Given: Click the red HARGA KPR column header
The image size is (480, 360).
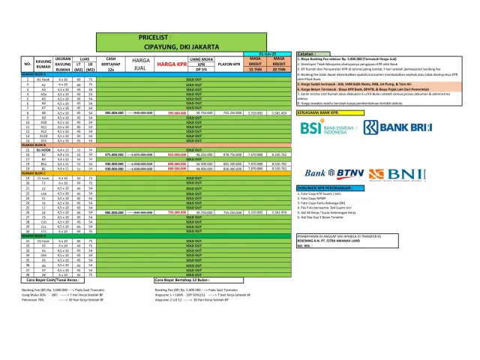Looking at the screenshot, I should (171, 64).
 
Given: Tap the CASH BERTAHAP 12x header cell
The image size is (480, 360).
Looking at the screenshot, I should (110, 64).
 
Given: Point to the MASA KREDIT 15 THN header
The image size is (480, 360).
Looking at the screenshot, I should (255, 64).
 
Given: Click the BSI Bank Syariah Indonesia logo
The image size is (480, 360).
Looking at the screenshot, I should (325, 129).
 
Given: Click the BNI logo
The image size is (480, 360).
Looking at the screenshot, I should (391, 174).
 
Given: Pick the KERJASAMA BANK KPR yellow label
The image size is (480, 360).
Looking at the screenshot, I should (325, 111).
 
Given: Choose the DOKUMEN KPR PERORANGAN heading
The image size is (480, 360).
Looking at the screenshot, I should (327, 187).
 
